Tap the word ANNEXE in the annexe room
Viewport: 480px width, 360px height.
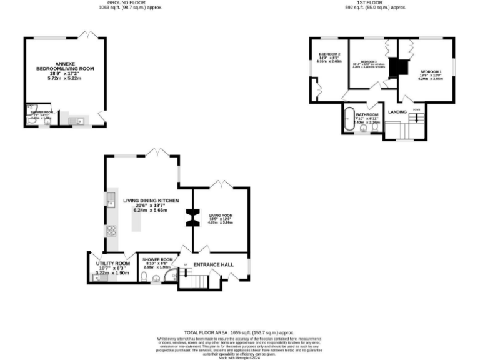coord(65,63)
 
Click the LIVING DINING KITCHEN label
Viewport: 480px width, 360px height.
coord(151,201)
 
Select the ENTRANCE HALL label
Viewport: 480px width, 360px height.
coord(213,264)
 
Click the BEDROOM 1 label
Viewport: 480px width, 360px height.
coord(430,72)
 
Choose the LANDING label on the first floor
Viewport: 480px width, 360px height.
coord(397,112)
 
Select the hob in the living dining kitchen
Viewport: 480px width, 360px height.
coord(111,231)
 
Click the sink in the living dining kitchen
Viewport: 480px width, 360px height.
coord(111,200)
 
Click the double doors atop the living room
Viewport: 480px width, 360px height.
coord(220,184)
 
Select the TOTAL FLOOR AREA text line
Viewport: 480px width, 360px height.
coord(239,333)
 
